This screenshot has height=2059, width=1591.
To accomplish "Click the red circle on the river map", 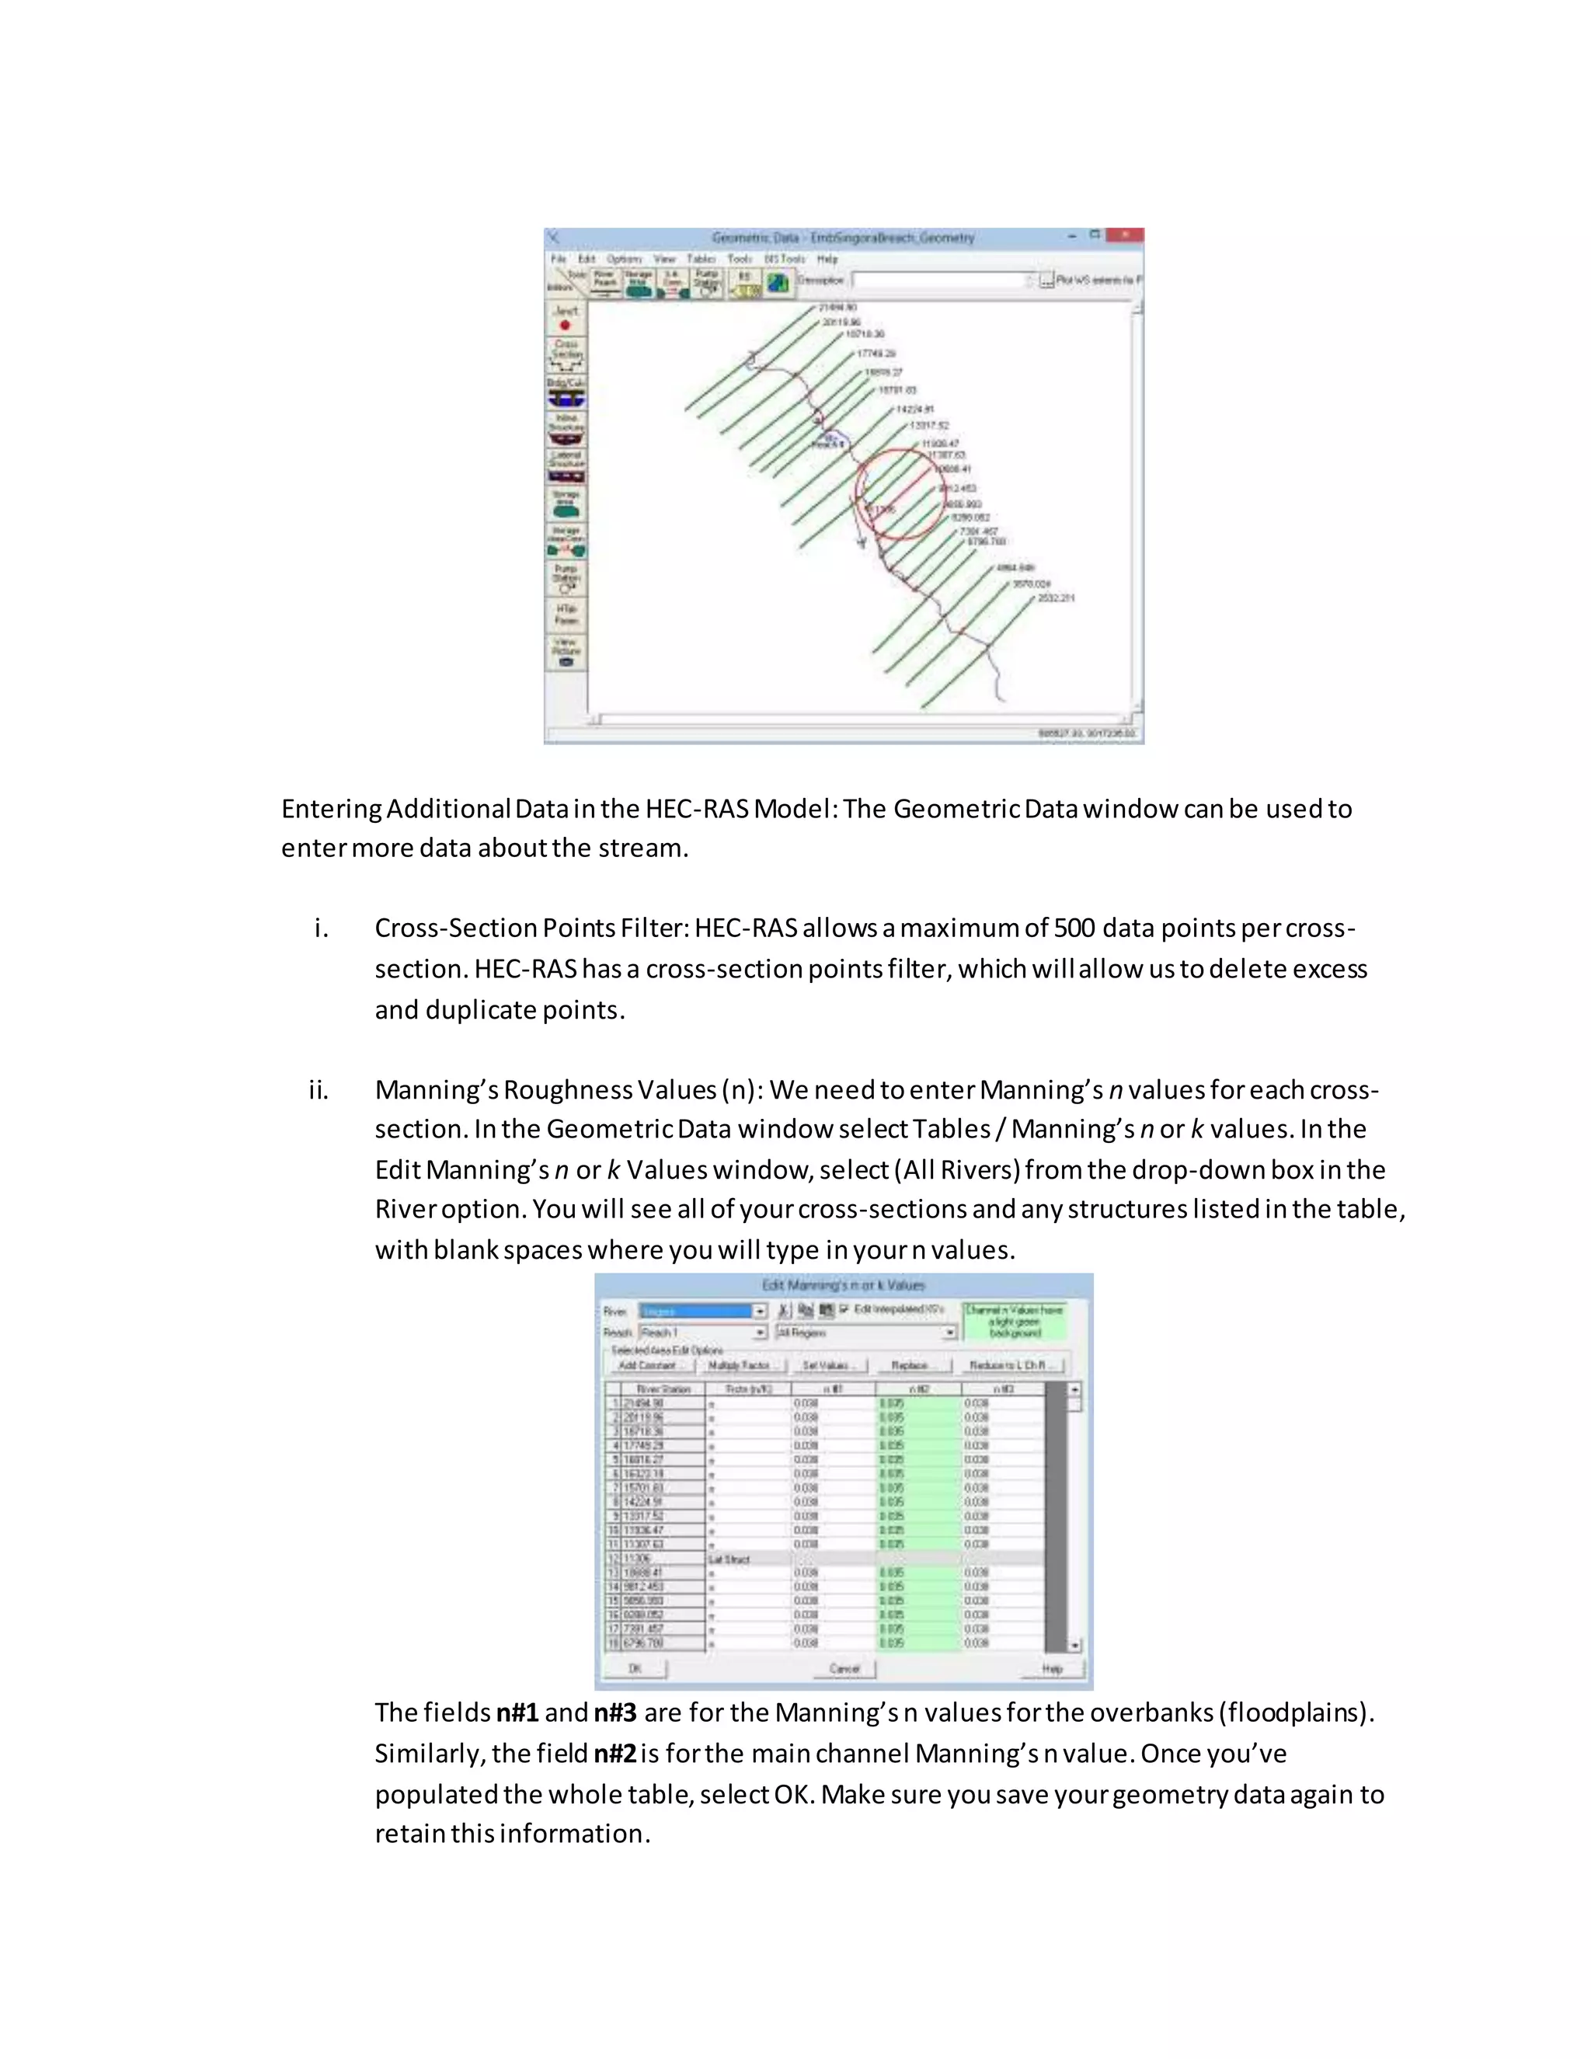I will coord(900,493).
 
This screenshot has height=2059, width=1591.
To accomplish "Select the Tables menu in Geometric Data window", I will coord(700,258).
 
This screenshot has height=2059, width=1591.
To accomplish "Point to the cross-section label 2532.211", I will coord(1056,597).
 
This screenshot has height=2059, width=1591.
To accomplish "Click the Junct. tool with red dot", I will coord(566,318).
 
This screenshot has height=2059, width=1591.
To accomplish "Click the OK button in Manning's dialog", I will coord(635,1667).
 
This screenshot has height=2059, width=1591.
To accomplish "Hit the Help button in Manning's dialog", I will coord(1052,1667).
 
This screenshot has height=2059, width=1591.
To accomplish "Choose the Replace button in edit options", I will coord(910,1365).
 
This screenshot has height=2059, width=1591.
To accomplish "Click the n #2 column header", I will coord(918,1388).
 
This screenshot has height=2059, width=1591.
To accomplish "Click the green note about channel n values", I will coord(1014,1321).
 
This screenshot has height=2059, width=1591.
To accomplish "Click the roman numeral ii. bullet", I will coord(319,1091).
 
